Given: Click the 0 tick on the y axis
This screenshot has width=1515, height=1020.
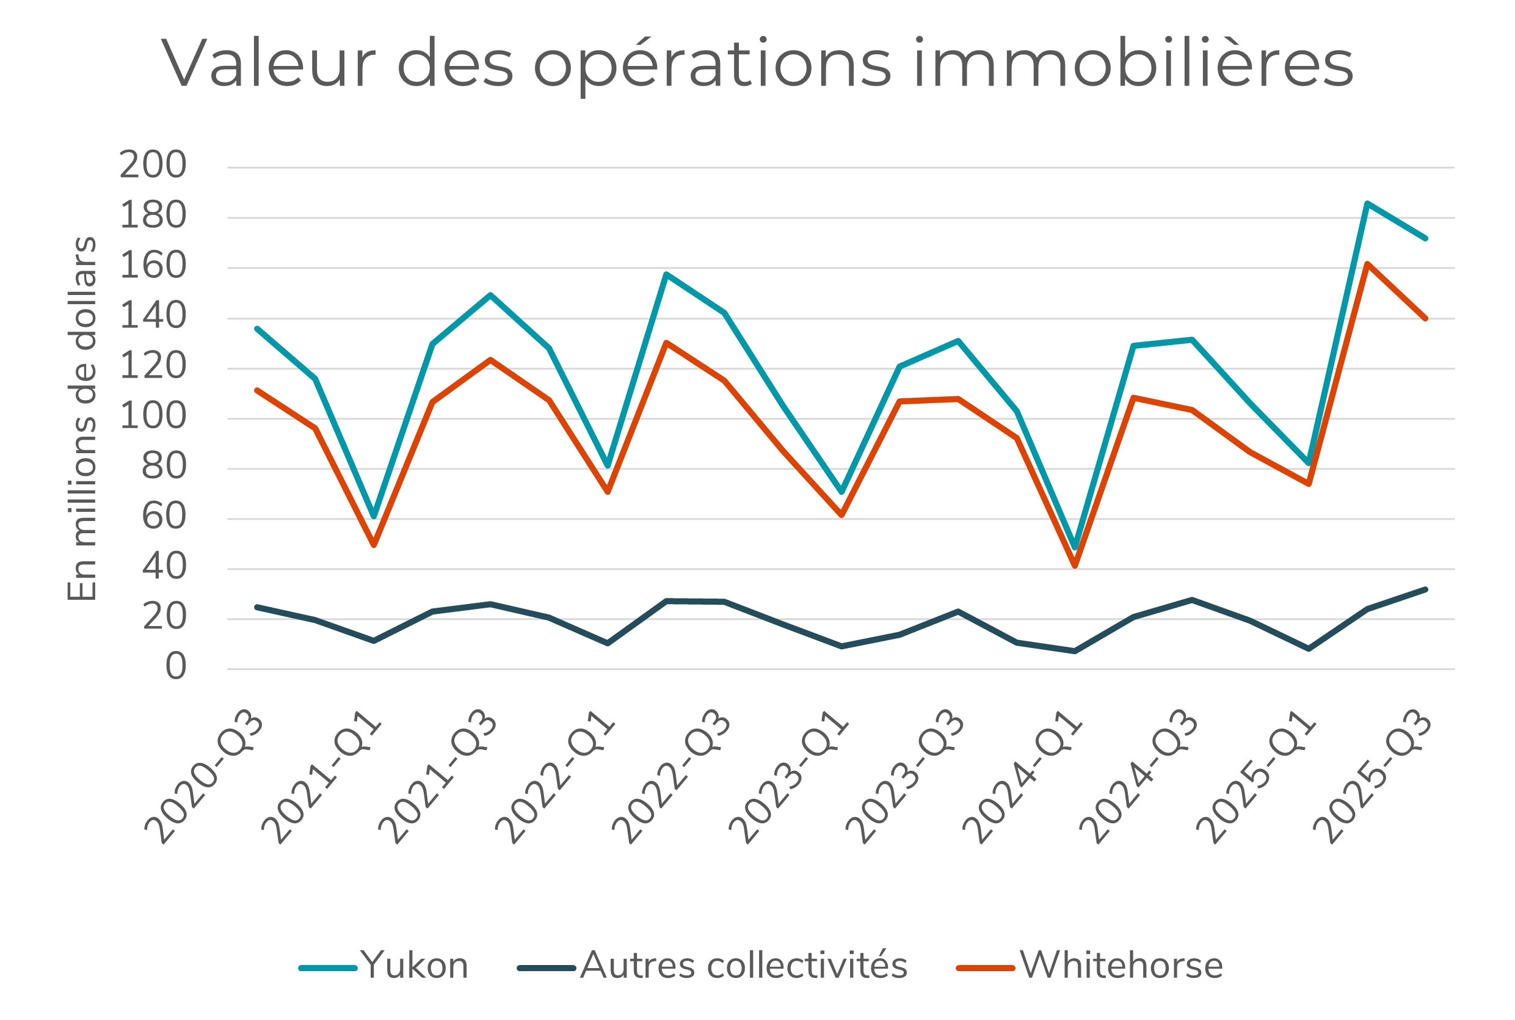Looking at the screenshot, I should coord(175,667).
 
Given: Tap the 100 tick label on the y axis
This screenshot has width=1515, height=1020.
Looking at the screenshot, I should coord(153,416).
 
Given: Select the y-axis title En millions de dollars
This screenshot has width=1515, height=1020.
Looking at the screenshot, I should coord(82,419).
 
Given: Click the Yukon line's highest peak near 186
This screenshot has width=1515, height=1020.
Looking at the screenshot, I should coord(1367,203).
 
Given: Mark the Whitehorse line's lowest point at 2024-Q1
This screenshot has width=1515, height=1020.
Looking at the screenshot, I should coord(1075,566).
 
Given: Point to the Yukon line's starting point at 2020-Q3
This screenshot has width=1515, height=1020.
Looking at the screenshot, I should coord(258,329).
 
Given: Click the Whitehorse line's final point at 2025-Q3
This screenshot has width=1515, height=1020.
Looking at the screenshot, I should coord(1425,319).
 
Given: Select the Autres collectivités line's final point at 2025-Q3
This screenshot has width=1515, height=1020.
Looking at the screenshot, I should coord(1425,589).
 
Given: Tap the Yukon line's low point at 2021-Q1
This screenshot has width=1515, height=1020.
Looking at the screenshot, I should coord(374,517).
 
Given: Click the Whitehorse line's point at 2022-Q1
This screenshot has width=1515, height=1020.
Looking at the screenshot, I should coord(608,492).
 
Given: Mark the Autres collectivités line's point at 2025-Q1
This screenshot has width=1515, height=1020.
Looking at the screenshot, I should coord(1309,649).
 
